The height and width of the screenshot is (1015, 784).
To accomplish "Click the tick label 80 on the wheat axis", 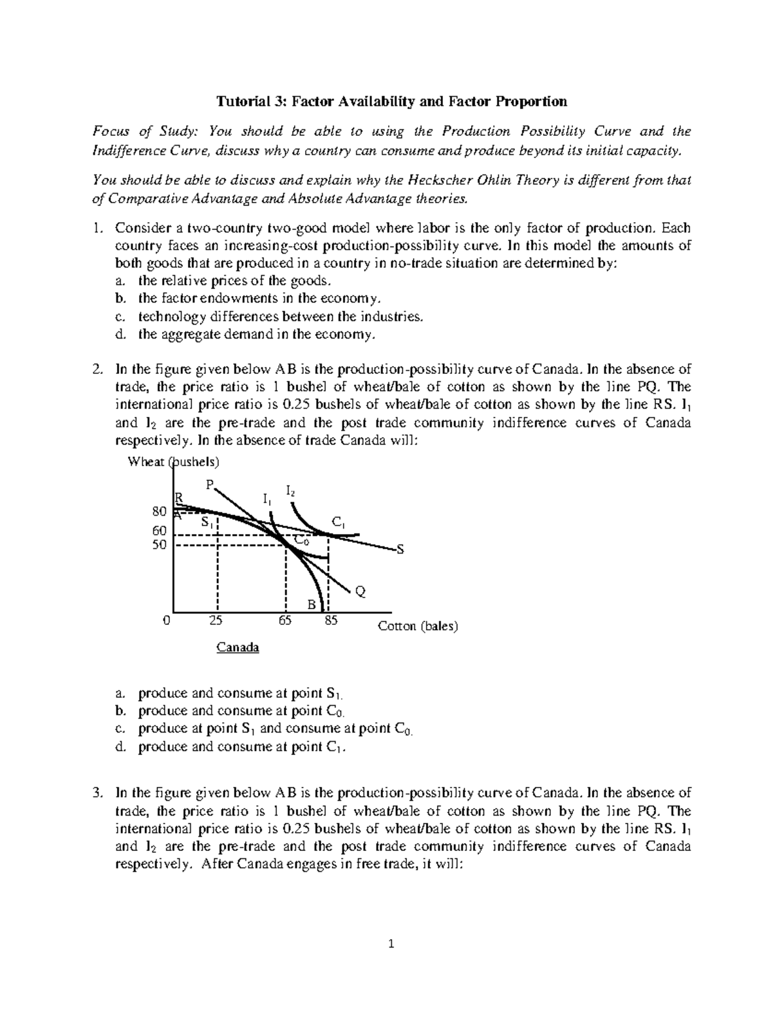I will [x=159, y=510].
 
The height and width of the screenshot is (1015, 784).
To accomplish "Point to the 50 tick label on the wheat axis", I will [x=159, y=544].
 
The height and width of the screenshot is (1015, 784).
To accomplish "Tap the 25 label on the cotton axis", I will [x=216, y=620].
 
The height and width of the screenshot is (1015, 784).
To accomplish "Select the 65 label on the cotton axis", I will [x=285, y=620].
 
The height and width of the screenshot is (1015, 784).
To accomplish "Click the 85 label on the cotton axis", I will [x=331, y=620].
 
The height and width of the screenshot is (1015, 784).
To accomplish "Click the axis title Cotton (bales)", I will [x=418, y=626].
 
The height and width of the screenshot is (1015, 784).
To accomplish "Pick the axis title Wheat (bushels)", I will [x=174, y=461].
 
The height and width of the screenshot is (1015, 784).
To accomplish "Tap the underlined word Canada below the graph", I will [x=238, y=648].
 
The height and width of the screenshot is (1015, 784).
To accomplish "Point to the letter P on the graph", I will [x=209, y=484].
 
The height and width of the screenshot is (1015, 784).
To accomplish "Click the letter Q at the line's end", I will [x=360, y=592].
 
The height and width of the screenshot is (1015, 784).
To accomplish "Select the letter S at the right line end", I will [x=400, y=550].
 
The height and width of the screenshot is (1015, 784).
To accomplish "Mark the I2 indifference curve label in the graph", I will [x=291, y=490].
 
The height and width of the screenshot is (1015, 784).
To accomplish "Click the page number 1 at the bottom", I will [x=392, y=943].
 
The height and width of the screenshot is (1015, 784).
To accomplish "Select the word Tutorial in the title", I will [x=241, y=101].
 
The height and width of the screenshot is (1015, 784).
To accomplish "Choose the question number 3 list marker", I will [x=98, y=793].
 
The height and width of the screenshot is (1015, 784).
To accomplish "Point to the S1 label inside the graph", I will [x=207, y=522].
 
